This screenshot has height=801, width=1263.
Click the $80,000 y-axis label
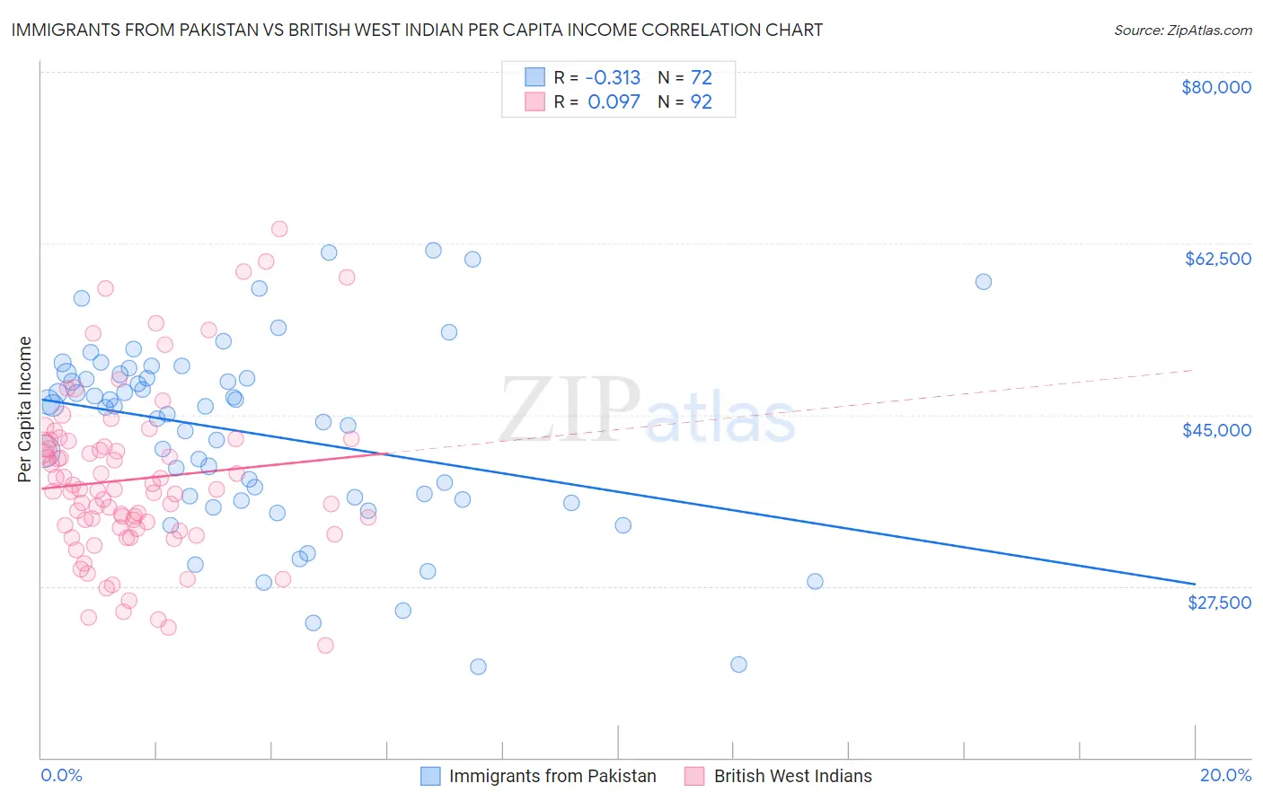pos(1216,87)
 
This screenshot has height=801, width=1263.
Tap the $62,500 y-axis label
pos(1217,259)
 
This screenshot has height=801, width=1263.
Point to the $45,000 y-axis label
pos(1216,430)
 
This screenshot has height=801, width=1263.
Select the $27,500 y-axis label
pos(1219,603)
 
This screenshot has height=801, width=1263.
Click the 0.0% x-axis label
pos(61,775)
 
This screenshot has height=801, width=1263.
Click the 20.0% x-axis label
pos(1225,775)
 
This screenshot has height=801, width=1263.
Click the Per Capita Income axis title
pos(25,409)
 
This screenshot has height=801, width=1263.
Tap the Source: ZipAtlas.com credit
pos(1182,31)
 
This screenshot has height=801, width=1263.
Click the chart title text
pos(417,31)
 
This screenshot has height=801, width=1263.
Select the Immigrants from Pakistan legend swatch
pos(430,776)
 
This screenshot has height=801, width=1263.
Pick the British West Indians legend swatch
pos(694,776)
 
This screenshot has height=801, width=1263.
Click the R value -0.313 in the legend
pos(614,77)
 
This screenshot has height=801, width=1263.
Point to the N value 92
pos(701,102)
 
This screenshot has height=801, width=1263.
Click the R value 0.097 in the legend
pos(614,102)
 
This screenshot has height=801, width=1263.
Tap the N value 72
pos(701,77)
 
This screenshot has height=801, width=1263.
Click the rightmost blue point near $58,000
pos(984,282)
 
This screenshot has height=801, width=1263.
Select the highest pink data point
pos(279,229)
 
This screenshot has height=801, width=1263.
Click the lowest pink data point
pos(325,646)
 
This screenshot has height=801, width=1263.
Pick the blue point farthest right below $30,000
pos(815,581)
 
